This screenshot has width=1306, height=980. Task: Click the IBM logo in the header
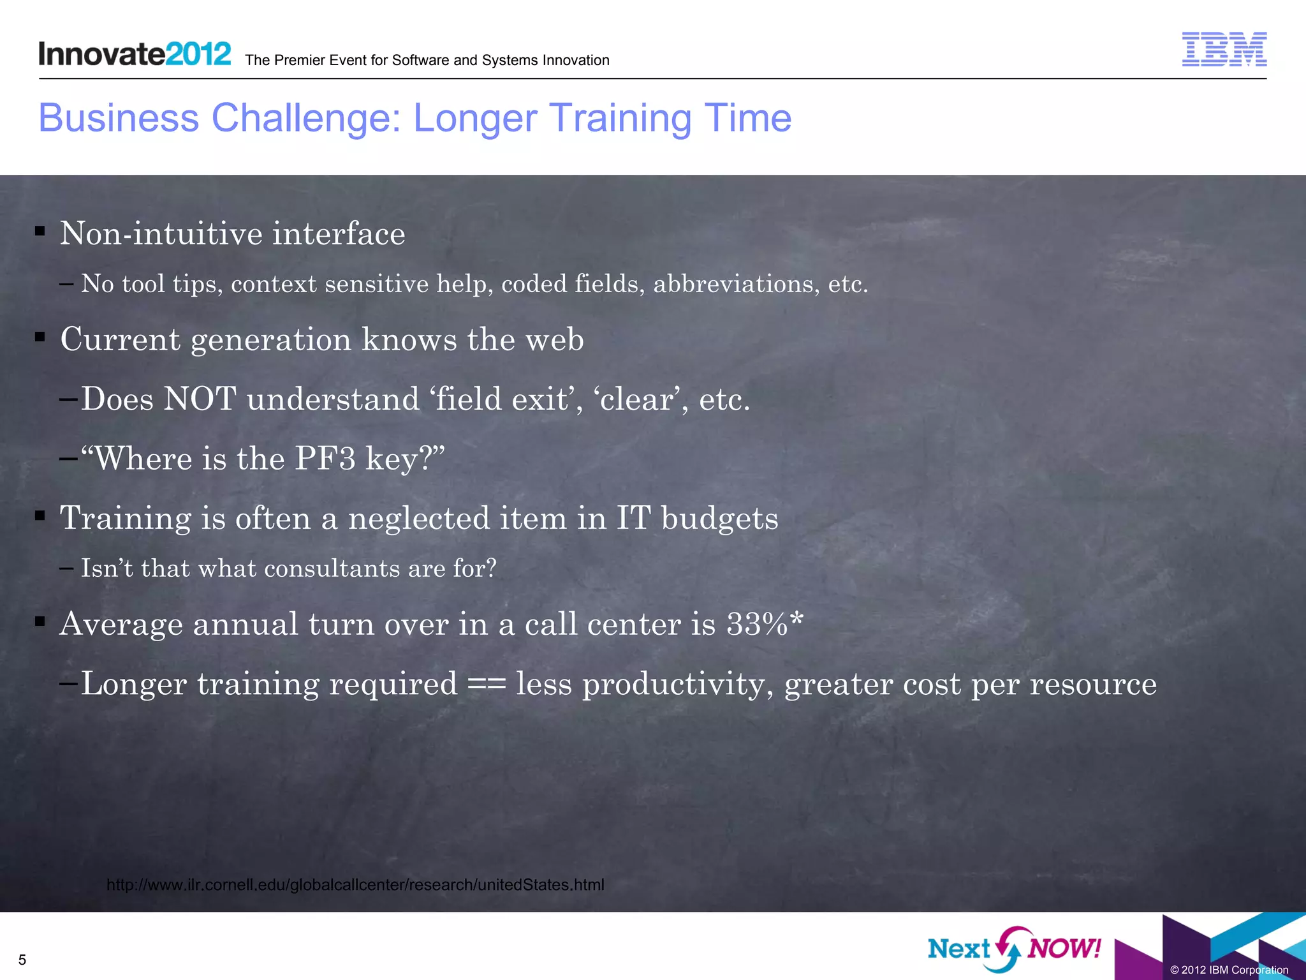click(x=1224, y=49)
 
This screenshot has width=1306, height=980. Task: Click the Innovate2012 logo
click(x=135, y=54)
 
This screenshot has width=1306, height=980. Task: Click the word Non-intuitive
click(x=161, y=234)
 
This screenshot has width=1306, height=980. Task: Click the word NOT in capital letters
click(x=200, y=399)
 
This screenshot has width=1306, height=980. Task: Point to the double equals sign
click(x=487, y=685)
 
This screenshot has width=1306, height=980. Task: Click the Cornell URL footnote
click(x=355, y=885)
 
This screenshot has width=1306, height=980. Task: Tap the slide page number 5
click(x=22, y=960)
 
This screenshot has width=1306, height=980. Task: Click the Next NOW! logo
click(x=1014, y=949)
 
